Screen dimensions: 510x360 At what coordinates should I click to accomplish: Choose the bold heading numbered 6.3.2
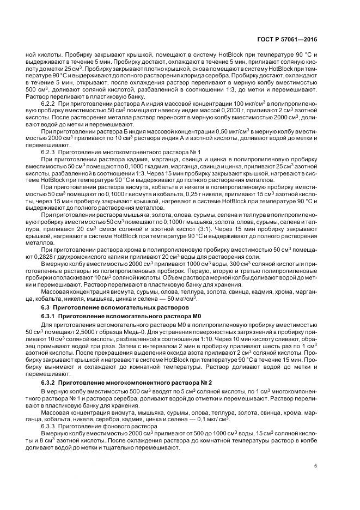click(127, 382)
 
